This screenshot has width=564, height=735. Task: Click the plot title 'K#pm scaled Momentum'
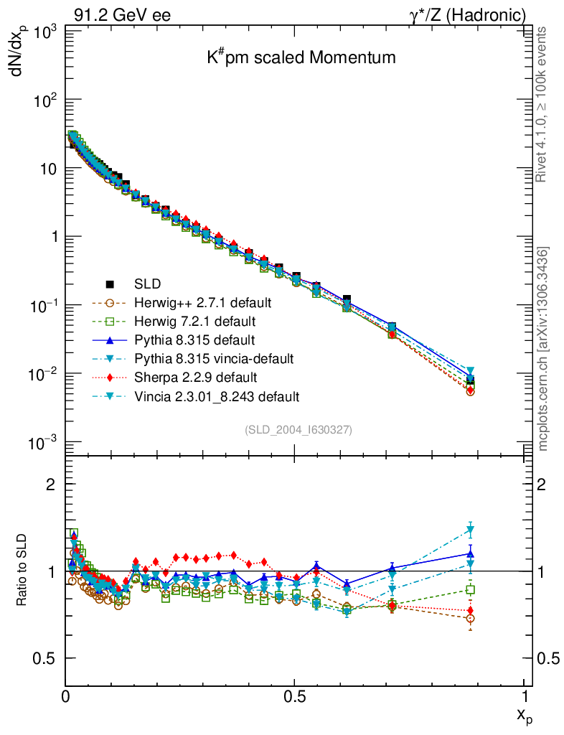pos(301,58)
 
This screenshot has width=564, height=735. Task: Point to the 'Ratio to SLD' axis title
pos(22,571)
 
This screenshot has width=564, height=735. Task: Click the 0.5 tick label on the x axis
pos(294,696)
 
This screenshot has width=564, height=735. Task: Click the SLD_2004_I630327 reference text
pos(298,429)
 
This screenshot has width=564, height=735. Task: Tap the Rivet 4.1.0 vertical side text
pos(542,105)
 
